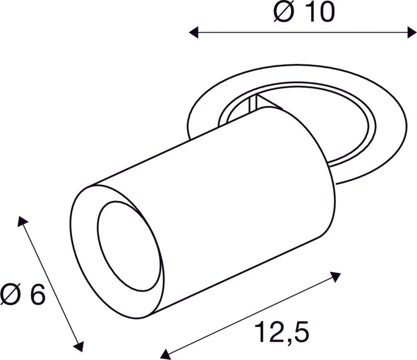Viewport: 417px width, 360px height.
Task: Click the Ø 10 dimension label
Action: pos(303,13)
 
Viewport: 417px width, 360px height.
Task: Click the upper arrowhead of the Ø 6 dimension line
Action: pos(22,221)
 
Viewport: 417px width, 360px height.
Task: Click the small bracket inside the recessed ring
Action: pos(255,103)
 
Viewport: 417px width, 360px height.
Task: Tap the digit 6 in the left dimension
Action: pos(37,295)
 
